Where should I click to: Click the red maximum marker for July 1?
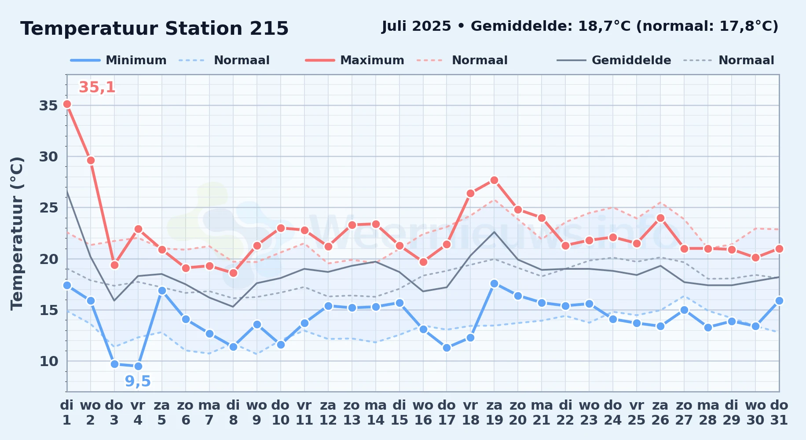[67, 104]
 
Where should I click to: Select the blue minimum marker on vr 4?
[138, 366]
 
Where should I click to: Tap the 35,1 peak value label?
[97, 88]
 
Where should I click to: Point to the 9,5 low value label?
[138, 381]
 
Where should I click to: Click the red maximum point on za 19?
[494, 180]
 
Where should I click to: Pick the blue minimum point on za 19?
[494, 283]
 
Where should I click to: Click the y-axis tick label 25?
[48, 208]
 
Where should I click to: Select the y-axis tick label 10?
[48, 361]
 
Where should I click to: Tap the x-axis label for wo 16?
[423, 413]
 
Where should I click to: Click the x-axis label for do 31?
[779, 413]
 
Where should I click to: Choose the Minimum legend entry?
[118, 60]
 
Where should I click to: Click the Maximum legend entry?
[355, 60]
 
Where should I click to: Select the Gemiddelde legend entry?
[614, 60]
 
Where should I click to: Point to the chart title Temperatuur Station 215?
[154, 29]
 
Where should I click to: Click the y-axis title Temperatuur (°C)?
[17, 233]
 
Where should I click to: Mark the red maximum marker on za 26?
[660, 218]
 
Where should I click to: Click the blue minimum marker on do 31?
[779, 301]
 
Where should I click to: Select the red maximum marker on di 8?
[233, 273]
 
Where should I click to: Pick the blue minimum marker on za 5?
[162, 290]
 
